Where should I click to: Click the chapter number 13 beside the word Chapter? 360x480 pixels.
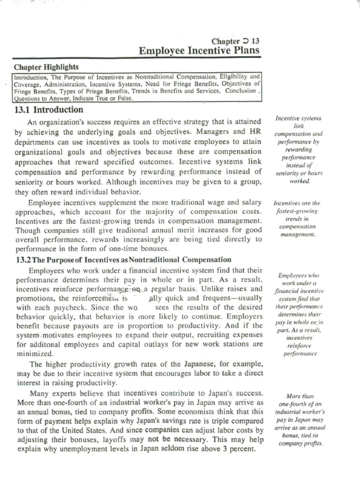pos(255,41)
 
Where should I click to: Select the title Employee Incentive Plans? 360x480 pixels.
pos(199,51)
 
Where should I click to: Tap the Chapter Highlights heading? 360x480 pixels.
pos(45,67)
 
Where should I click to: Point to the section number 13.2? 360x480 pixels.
pos(24,259)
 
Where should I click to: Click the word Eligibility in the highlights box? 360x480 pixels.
pos(235,75)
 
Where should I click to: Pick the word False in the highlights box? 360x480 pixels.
pos(124,99)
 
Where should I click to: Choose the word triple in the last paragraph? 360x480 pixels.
pos(207,420)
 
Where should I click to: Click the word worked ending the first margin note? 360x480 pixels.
pos(300,181)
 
